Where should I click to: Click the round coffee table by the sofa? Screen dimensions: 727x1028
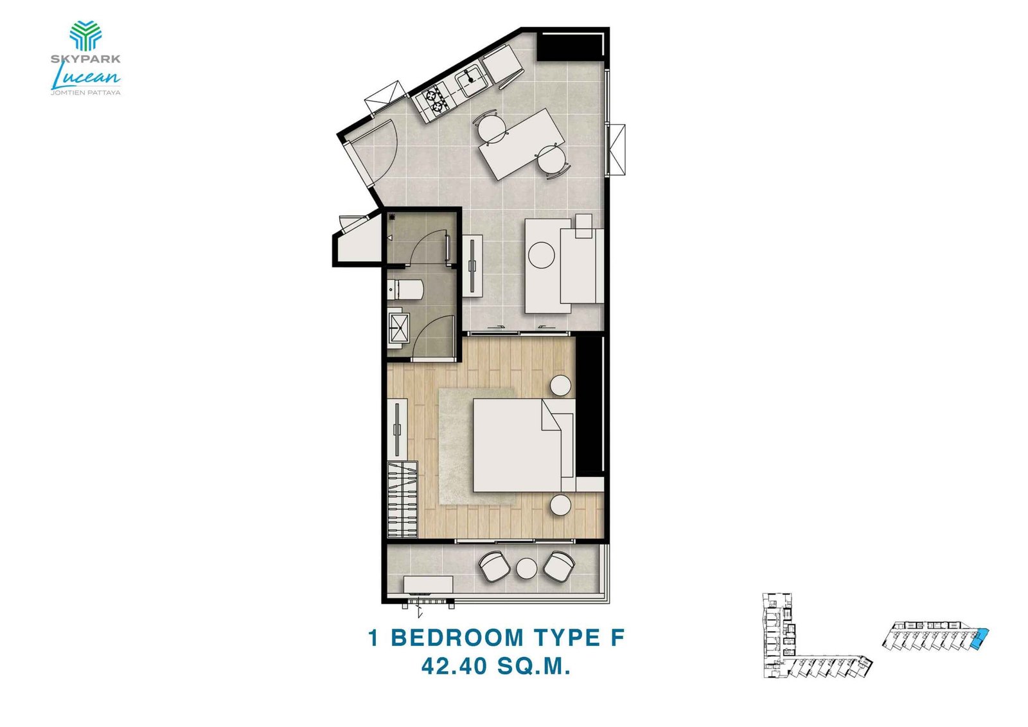(541, 255)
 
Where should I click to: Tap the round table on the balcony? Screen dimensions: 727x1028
(526, 568)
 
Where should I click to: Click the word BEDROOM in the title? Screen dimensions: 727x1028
(457, 638)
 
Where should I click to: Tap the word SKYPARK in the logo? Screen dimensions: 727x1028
(85, 59)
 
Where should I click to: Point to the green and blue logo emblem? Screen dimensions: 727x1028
(85, 35)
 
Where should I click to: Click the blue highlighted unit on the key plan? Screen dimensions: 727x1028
(980, 639)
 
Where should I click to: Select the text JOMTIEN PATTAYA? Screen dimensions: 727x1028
(85, 93)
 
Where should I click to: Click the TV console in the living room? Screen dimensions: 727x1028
(473, 264)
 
